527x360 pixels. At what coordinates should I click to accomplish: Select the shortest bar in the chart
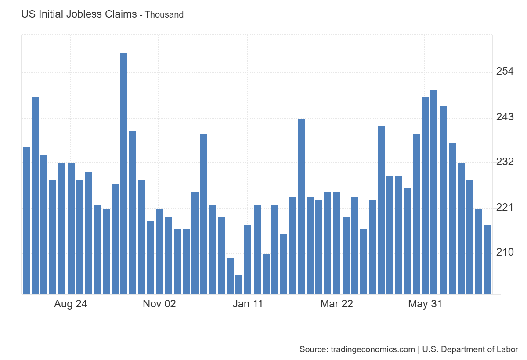pos(239,284)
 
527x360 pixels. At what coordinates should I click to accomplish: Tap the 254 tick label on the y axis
pos(505,72)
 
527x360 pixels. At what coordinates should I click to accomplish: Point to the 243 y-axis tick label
pos(505,117)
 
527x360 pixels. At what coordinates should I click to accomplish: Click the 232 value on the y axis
pos(505,162)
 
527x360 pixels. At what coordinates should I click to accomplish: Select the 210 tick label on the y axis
pos(505,252)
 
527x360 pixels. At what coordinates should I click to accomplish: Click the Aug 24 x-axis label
pos(70,304)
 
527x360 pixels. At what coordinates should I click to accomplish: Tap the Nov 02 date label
pos(159,304)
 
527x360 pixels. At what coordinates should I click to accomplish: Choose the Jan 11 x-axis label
pos(248,304)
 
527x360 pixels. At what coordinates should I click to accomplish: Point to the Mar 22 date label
pos(336,304)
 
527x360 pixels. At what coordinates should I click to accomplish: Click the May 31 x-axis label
pos(425,304)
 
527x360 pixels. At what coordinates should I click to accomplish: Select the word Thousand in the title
pos(164,14)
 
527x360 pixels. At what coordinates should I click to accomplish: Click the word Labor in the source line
pos(508,349)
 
